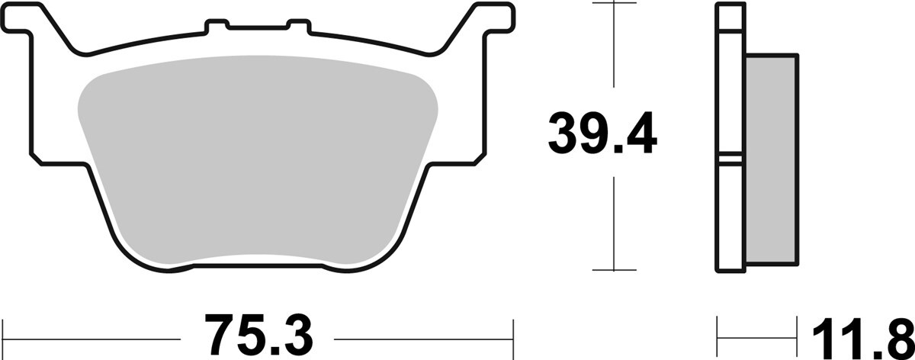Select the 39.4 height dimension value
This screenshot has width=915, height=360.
(602, 133)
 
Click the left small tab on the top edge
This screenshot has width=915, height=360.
(217, 25)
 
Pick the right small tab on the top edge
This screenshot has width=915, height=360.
(299, 25)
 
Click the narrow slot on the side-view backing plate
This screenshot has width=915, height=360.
(730, 159)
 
